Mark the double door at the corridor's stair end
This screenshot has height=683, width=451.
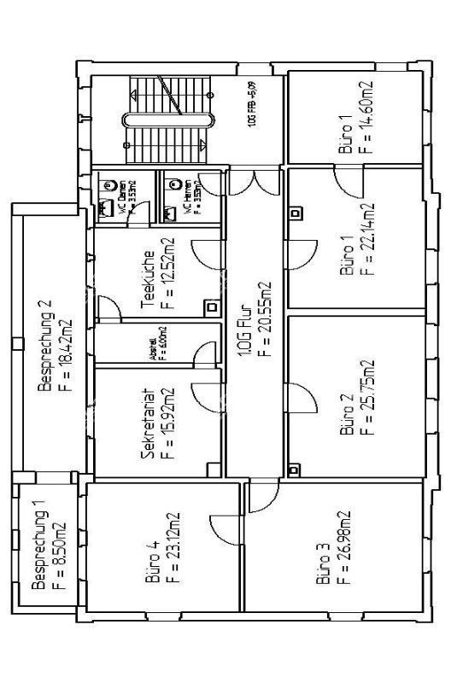pos(254,180)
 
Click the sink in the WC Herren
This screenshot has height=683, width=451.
pos(176,182)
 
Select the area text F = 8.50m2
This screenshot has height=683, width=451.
pos(59,546)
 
